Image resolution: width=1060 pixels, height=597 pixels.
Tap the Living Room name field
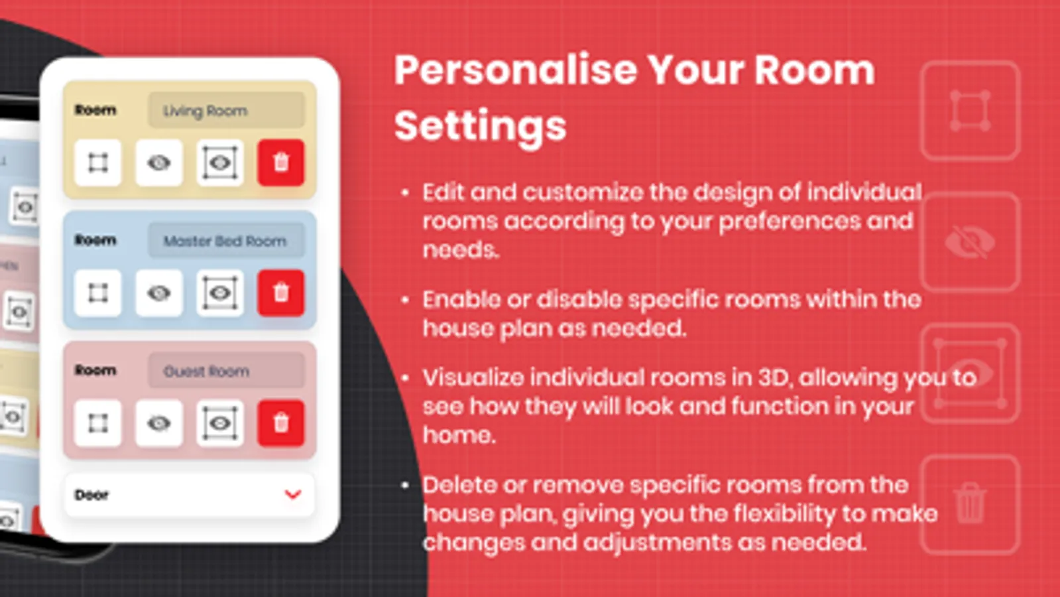226,110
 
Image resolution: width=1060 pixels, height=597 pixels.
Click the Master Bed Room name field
226,241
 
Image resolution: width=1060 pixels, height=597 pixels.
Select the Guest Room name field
226,371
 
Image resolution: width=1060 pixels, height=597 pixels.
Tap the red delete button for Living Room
281,163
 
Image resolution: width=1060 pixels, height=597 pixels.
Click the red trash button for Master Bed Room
281,293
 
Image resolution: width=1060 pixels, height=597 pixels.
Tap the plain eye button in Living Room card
159,163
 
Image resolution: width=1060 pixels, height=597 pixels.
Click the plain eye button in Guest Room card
159,423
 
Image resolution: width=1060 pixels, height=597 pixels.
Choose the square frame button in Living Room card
98,163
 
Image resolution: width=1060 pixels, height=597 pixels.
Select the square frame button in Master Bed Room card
98,293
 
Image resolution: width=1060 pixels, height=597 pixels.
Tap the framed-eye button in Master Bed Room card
220,293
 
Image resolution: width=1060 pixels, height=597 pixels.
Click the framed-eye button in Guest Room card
220,423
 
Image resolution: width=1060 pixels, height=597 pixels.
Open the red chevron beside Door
293,495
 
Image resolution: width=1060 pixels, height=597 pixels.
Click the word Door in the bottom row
91,495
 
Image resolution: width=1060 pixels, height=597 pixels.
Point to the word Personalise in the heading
516,70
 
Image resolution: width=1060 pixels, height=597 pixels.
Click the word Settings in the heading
481,127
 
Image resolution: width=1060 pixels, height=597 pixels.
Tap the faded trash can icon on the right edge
970,503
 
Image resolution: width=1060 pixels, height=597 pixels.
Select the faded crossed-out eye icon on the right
970,242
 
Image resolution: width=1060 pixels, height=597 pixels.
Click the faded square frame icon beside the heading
970,110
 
